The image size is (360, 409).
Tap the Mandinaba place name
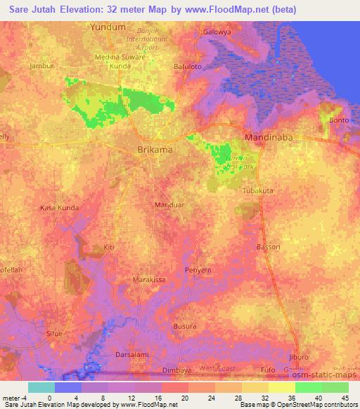[268, 138]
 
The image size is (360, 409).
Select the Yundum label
[108, 27]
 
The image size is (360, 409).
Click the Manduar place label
[169, 204]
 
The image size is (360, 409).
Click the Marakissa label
[149, 279]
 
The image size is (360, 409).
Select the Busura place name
[185, 327]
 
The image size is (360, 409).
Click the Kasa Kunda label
[58, 209]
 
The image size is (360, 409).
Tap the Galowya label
[217, 32]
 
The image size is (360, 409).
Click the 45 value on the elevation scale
[344, 397]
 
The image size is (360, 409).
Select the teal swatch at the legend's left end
[41, 387]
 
